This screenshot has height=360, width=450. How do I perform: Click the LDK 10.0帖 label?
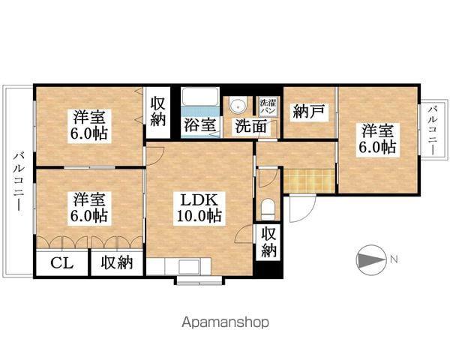[199, 208]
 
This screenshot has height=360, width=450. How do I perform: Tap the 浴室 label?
[199, 126]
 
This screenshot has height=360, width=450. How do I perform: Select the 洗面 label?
[250, 126]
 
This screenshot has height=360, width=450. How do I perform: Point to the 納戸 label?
[309, 111]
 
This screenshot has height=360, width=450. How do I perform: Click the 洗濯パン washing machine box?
[267, 106]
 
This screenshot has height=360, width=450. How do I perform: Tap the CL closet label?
[62, 262]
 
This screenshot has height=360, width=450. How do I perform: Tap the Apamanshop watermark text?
[225, 322]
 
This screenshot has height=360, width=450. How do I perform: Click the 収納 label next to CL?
[118, 262]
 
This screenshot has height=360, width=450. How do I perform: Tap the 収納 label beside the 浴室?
[158, 111]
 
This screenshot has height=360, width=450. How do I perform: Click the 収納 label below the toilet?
[268, 242]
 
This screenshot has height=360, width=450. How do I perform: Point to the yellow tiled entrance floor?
[308, 180]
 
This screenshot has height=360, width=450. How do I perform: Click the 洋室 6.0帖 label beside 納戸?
[376, 137]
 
